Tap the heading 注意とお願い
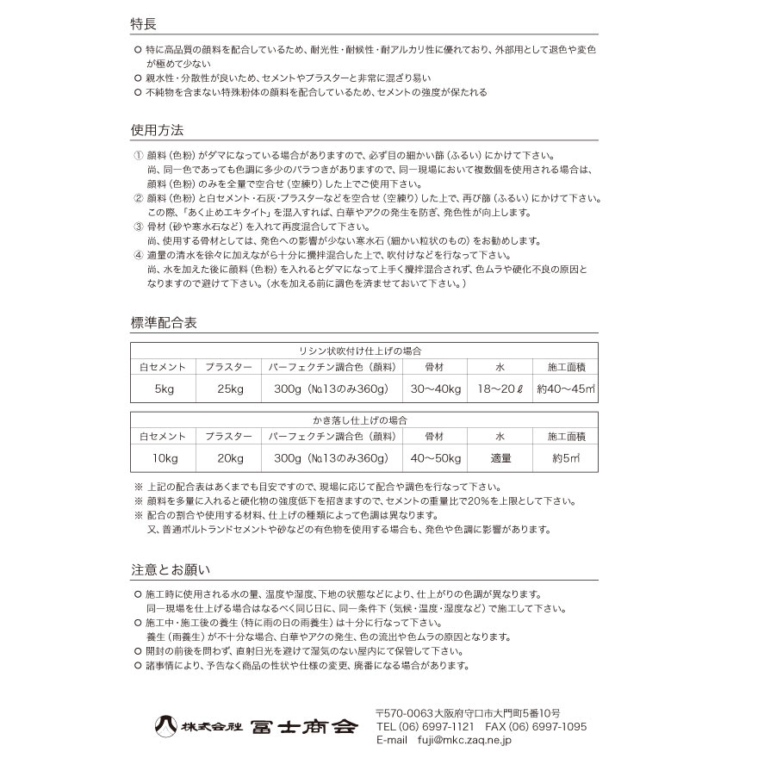tap(171, 569)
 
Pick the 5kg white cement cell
tap(164, 389)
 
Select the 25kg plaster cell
tap(228, 389)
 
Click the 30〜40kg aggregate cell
tap(435, 389)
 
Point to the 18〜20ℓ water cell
tap(500, 389)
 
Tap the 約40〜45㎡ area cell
tap(565, 389)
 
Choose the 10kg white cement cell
tap(164, 458)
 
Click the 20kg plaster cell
tap(228, 458)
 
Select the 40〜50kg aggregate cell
tap(435, 458)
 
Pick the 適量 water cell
tap(500, 458)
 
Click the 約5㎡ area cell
tap(565, 458)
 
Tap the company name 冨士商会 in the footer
tap(302, 726)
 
